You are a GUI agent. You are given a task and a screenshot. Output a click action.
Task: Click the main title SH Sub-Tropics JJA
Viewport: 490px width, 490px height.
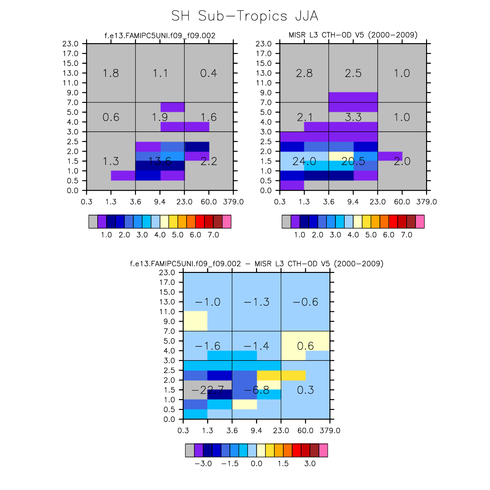[245, 16]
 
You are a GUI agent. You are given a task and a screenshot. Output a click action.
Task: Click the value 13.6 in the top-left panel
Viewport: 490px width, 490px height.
[160, 161]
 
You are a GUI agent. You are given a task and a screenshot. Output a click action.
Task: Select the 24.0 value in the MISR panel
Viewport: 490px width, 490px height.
[304, 161]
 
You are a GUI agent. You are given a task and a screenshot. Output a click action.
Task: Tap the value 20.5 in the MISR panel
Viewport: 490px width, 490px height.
[353, 161]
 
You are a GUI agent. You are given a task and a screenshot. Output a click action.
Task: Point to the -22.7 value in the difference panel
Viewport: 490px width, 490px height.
[207, 390]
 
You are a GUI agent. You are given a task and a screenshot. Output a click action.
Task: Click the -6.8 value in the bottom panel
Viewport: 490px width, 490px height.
[256, 390]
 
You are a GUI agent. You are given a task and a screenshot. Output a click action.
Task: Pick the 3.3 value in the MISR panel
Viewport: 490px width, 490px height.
[353, 117]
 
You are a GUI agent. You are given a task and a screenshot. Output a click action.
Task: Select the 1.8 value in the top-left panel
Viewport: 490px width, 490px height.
[111, 73]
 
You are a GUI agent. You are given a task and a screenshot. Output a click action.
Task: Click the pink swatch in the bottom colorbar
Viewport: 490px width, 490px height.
[323, 450]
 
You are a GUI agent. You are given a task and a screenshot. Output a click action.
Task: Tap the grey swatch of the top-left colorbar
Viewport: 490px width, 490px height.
[93, 222]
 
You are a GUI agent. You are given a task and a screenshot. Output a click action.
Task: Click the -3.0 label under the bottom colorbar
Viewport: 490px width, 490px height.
[203, 463]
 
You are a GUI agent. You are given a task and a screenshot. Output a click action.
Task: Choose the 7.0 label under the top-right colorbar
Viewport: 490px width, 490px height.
[407, 235]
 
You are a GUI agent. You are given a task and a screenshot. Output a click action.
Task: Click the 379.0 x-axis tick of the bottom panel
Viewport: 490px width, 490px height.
[330, 431]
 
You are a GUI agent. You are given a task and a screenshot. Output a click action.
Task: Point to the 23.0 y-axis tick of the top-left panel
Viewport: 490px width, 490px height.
[70, 44]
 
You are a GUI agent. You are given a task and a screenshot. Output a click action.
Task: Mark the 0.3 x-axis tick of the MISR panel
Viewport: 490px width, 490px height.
[280, 202]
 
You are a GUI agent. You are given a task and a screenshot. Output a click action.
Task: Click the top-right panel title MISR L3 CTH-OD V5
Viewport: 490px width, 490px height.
[353, 35]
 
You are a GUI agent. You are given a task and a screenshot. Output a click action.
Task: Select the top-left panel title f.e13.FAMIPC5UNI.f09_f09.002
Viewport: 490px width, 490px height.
[160, 35]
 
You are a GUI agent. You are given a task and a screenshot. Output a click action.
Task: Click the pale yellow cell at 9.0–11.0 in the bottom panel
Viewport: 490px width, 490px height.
[195, 321]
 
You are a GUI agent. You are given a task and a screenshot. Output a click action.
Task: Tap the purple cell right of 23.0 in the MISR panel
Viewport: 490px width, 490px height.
[390, 156]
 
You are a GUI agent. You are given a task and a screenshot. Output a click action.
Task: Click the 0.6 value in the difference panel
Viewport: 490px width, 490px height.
[305, 346]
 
